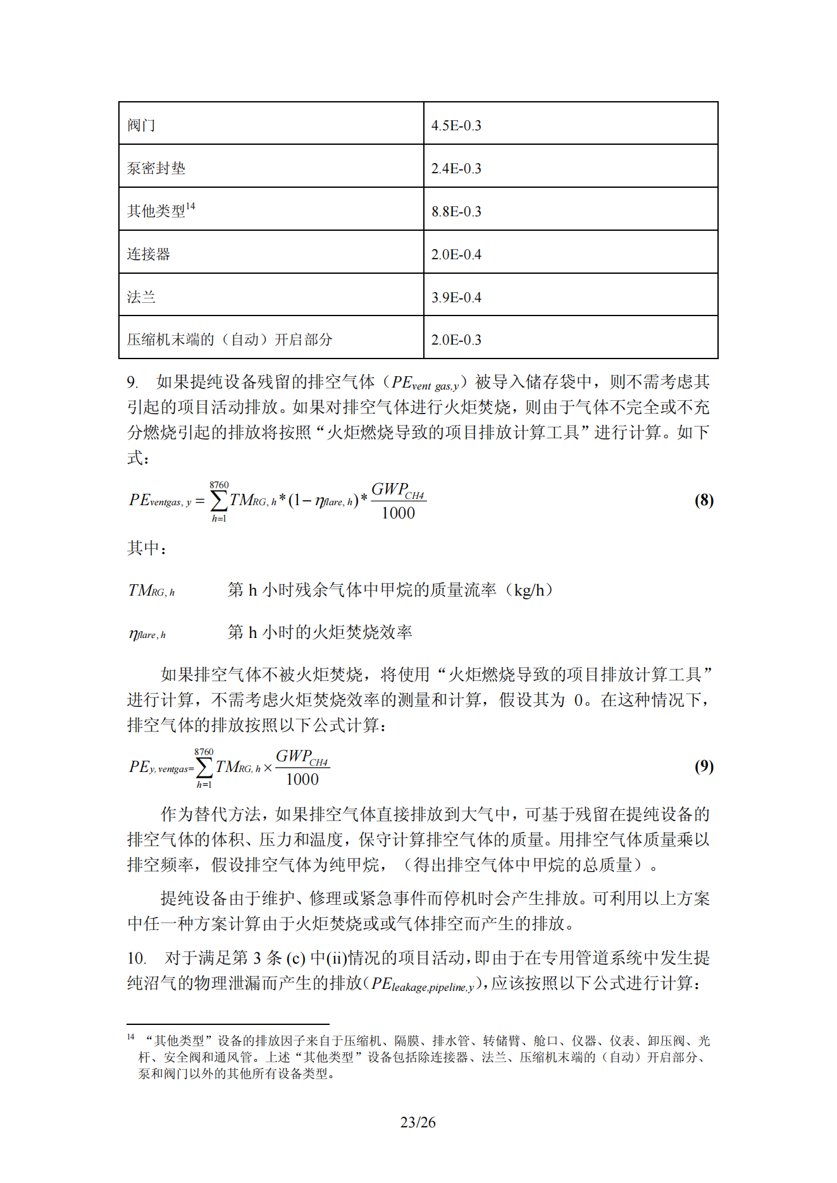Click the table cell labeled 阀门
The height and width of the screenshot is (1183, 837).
[x=141, y=125]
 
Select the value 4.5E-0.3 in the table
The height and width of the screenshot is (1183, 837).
[x=456, y=126]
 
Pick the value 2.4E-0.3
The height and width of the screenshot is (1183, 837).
[x=456, y=169]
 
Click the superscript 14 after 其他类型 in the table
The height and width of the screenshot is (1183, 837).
[x=190, y=207]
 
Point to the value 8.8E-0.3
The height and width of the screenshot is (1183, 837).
[x=456, y=212]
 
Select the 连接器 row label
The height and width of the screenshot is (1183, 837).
[x=149, y=254]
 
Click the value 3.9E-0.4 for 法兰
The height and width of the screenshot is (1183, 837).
[x=456, y=297]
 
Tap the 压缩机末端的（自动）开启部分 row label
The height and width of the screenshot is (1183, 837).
[x=230, y=340]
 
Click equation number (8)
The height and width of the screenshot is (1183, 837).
[x=704, y=501]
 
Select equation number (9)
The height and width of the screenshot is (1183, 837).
[x=704, y=766]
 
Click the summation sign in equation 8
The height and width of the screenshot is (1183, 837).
[x=218, y=501]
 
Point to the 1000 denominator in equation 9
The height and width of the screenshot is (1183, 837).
[x=302, y=780]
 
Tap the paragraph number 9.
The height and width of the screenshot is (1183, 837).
[x=132, y=382]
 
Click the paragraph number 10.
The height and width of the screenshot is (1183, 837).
[x=137, y=958]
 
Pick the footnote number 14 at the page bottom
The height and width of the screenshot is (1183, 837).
[x=131, y=1037]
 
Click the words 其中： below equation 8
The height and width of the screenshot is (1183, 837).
[x=147, y=548]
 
